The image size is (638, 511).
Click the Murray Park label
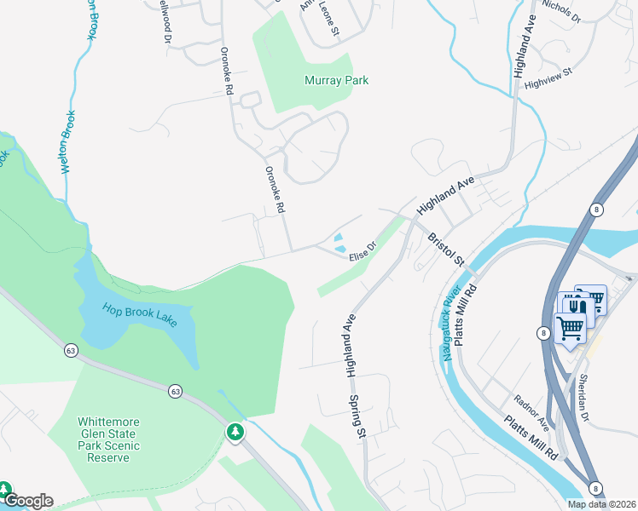pyautogui.click(x=336, y=81)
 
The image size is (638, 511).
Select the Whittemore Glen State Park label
pyautogui.click(x=107, y=439)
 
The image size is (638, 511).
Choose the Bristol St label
pyautogui.click(x=445, y=249)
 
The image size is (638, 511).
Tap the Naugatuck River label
pyautogui.click(x=451, y=323)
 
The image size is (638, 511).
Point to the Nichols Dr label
pyautogui.click(x=560, y=10)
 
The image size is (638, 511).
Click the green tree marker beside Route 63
pyautogui.click(x=235, y=432)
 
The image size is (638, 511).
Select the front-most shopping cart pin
pyautogui.click(x=569, y=327)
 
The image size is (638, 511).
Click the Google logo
pyautogui.click(x=27, y=501)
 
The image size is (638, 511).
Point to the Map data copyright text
pyautogui.click(x=602, y=504)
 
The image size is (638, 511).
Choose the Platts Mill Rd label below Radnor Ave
pyautogui.click(x=531, y=439)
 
